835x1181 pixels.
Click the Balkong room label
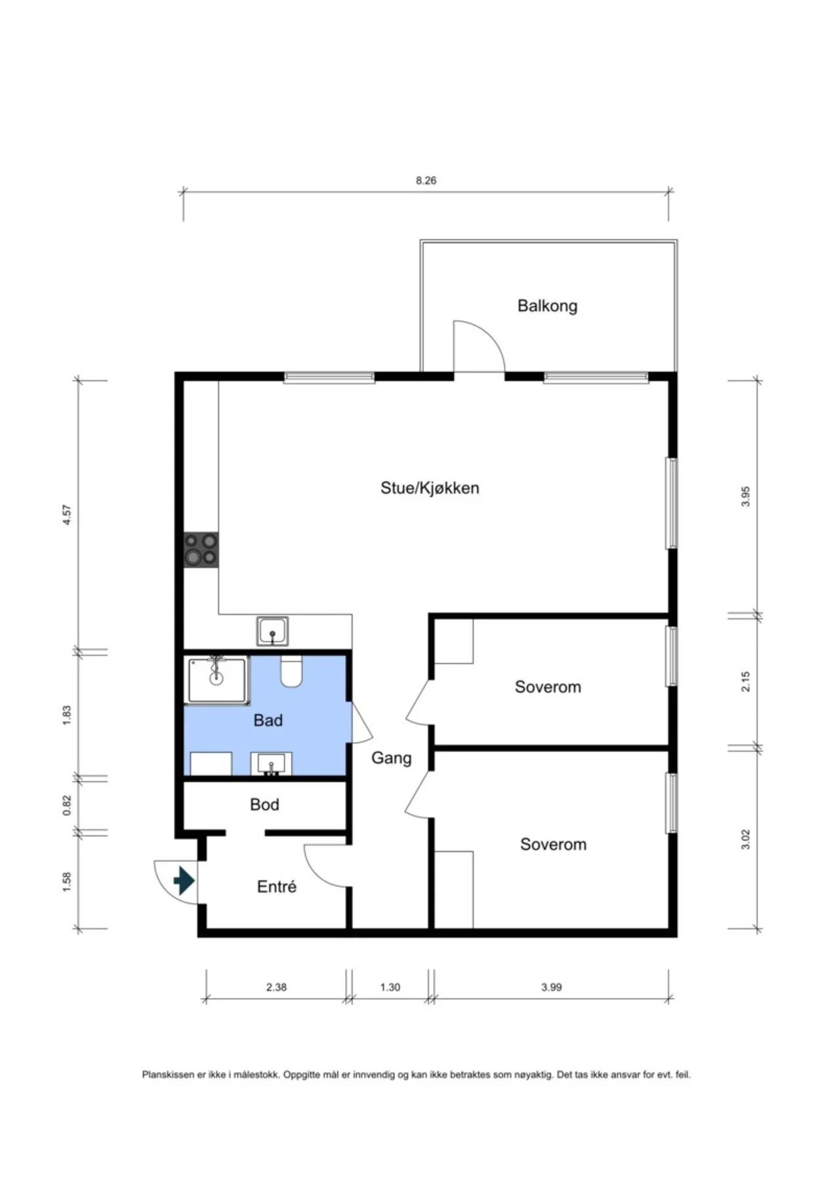[547, 306]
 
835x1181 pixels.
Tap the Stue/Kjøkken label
[430, 488]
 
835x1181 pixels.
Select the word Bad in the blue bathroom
[268, 720]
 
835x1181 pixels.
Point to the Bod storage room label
[264, 804]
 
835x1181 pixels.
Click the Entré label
[277, 886]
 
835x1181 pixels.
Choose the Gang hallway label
[392, 758]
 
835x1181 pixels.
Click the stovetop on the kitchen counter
[201, 550]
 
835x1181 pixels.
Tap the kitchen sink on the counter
[272, 631]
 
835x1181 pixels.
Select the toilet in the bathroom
[291, 671]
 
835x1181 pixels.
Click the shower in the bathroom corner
[216, 680]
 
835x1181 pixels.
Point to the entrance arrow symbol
[184, 881]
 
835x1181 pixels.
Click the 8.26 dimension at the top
[426, 180]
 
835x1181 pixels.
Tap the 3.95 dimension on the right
[745, 496]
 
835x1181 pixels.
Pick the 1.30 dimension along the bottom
[390, 987]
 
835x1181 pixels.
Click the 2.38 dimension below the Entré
[276, 987]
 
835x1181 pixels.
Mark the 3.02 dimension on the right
[745, 839]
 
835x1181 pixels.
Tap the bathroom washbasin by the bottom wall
[272, 764]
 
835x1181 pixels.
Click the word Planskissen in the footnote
[169, 1075]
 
